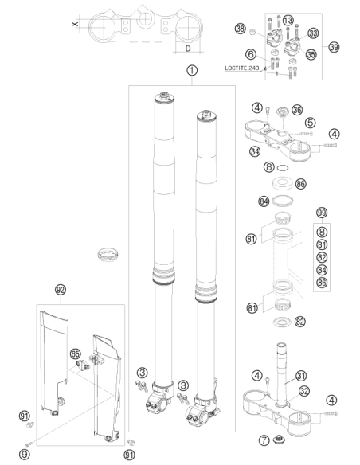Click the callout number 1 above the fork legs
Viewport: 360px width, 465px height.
tap(192, 71)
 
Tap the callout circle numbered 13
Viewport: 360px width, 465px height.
tap(288, 21)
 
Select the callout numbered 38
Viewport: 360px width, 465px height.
tap(241, 29)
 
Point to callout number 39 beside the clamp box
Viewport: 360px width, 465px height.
tap(334, 47)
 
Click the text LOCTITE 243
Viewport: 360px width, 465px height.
tap(242, 68)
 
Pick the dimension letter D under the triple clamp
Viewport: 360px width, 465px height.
tap(188, 49)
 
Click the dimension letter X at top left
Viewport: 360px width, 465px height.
tap(75, 23)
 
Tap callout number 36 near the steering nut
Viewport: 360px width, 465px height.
tap(297, 110)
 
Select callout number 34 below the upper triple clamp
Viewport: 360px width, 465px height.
tap(255, 151)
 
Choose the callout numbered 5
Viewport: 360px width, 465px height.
tap(310, 122)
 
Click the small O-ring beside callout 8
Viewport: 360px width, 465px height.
tap(283, 168)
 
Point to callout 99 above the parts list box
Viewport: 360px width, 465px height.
tap(322, 213)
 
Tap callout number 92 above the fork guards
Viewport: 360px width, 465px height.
tap(61, 290)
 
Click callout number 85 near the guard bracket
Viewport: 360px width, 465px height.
tap(76, 354)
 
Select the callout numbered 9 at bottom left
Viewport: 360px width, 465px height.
tap(25, 455)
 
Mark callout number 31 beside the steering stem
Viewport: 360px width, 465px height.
tap(301, 376)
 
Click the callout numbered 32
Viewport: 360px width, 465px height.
tap(304, 391)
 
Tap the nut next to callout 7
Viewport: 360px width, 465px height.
tap(279, 439)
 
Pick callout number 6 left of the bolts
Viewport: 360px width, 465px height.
tap(251, 54)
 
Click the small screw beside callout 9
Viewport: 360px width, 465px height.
tap(29, 444)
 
